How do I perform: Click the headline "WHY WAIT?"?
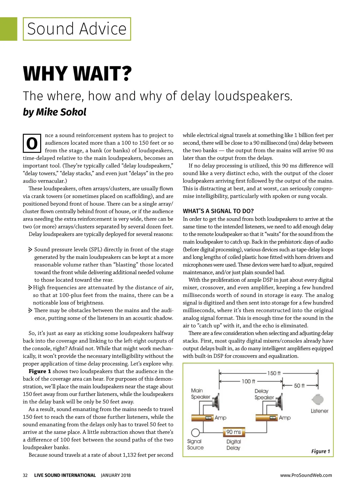(x=77, y=74)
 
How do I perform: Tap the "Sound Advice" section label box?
(x=77, y=29)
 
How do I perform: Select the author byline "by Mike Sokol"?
(x=55, y=112)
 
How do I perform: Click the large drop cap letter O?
(x=32, y=143)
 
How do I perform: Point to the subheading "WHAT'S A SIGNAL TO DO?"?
(x=218, y=211)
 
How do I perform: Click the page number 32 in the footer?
(x=25, y=475)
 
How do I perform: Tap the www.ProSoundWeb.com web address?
(x=306, y=475)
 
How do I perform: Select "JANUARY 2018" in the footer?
(x=116, y=475)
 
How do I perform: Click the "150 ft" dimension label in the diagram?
(x=274, y=373)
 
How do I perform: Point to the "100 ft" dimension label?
(x=248, y=381)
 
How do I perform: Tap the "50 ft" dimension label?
(x=299, y=385)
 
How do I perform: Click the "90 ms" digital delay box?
(x=234, y=432)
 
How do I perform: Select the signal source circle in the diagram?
(x=195, y=433)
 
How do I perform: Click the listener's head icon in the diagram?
(x=318, y=400)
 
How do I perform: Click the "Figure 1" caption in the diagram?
(x=320, y=451)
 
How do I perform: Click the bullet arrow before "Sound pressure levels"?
(x=30, y=249)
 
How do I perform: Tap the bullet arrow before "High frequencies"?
(x=30, y=288)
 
